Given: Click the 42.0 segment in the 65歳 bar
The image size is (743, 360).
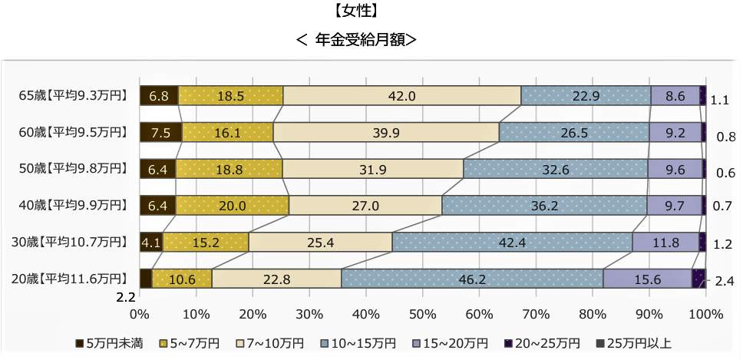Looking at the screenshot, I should click(x=401, y=96).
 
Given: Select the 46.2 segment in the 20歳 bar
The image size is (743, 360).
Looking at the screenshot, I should click(x=471, y=279).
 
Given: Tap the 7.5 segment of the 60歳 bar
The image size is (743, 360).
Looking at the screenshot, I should click(x=160, y=133).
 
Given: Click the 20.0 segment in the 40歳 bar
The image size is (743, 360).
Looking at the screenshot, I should click(x=232, y=206).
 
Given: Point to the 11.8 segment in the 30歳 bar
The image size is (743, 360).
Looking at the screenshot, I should click(x=665, y=243).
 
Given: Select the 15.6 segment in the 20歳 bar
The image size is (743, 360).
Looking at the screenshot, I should click(x=647, y=279).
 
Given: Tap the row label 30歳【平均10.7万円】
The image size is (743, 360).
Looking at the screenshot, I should click(x=70, y=243).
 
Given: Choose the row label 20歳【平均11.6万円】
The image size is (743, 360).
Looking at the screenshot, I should click(x=70, y=279).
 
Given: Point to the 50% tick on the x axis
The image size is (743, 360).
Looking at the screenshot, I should click(x=422, y=314).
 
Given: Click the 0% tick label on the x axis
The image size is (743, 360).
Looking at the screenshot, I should click(x=139, y=314).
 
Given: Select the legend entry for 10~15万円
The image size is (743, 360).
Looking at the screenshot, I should click(x=359, y=342).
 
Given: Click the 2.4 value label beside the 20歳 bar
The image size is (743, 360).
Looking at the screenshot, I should click(x=724, y=282).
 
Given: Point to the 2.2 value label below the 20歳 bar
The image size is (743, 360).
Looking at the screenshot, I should click(x=127, y=295).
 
